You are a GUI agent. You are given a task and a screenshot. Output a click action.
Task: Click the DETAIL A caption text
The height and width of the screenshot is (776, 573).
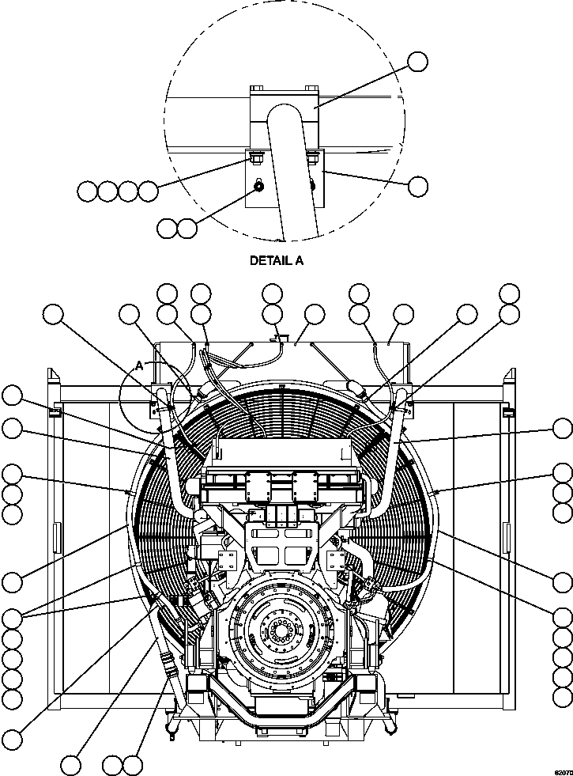(x=276, y=260)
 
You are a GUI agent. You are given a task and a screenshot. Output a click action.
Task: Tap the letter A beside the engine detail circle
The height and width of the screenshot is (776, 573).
(x=140, y=365)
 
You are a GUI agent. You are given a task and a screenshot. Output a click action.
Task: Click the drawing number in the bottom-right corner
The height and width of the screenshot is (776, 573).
(x=563, y=771)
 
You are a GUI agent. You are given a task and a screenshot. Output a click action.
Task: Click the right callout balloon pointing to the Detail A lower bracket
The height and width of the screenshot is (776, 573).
(x=417, y=186)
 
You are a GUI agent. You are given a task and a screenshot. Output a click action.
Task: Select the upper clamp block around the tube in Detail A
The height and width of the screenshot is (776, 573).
(x=284, y=108)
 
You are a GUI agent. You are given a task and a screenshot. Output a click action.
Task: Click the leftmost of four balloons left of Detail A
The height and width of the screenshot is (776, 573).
(x=88, y=191)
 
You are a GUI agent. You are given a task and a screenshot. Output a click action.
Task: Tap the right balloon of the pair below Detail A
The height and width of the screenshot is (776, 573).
(x=187, y=229)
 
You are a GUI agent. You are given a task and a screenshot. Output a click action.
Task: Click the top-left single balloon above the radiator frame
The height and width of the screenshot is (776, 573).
(x=53, y=314)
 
